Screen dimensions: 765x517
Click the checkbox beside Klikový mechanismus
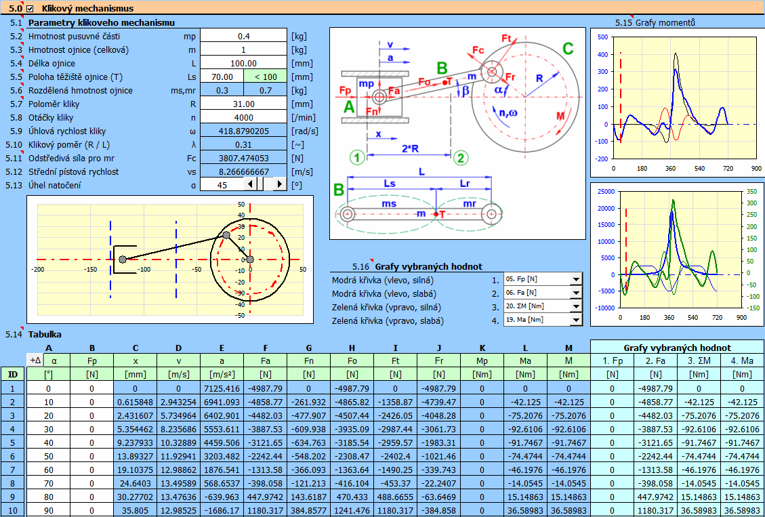coord(30,9)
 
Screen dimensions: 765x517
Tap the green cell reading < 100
coord(266,77)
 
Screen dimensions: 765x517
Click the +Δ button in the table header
coord(35,360)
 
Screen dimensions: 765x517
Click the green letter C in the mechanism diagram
coord(568,49)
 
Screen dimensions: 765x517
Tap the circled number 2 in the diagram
coord(461,157)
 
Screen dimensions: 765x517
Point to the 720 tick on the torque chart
coord(728,168)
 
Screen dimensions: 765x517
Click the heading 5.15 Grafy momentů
coord(655,22)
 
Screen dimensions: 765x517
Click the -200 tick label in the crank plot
coord(37,269)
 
